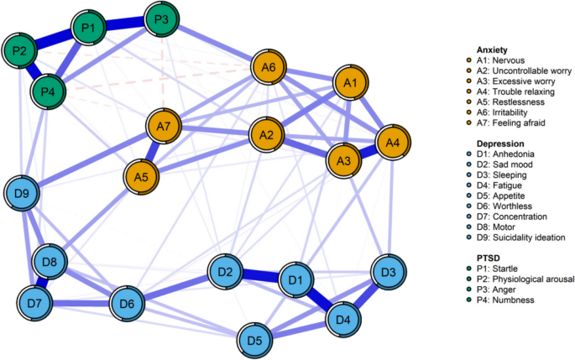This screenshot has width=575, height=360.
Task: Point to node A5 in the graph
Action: point(141,177)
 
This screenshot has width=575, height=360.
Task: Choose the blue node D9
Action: point(22,196)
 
